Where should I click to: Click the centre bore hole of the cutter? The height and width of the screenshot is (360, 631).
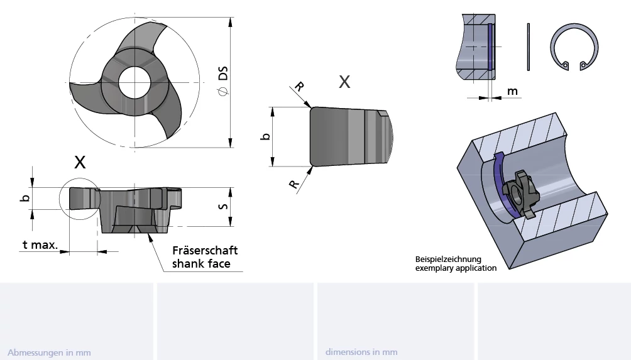134,82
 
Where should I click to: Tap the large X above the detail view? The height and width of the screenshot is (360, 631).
344,82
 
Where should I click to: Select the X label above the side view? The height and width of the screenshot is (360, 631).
80,162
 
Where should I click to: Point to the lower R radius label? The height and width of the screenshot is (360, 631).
294,184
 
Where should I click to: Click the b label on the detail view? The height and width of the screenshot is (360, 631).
266,136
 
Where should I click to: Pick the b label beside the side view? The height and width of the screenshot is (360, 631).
25,198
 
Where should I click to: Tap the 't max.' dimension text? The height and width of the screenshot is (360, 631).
40,245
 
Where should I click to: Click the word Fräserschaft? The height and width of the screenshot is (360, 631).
205,250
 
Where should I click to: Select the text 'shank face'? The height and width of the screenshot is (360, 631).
201,264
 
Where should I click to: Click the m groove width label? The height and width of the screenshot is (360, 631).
513,92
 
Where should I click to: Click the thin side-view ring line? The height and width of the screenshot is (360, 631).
529,47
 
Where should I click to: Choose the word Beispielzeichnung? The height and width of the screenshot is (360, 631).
448,259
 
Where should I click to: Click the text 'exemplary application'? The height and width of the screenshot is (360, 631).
456,268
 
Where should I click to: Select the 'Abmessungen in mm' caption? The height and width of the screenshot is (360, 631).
49,352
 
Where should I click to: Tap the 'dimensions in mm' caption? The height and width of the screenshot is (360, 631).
361,352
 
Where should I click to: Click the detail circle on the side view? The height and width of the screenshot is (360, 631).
79,199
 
